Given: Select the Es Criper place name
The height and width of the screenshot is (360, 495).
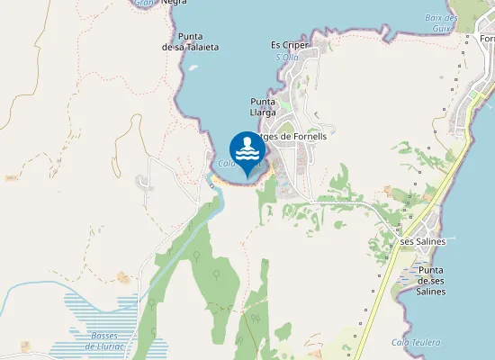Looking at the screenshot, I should [290, 45].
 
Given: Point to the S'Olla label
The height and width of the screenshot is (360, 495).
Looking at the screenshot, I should [286, 58].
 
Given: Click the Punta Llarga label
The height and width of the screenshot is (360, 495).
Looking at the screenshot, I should [263, 106].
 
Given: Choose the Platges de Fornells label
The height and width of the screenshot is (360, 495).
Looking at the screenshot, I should [293, 136].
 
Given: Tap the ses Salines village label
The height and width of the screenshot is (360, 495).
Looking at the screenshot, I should [423, 241].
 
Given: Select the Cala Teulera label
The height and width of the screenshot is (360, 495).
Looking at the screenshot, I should [416, 342].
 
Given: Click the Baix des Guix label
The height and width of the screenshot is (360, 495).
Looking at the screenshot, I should [441, 23].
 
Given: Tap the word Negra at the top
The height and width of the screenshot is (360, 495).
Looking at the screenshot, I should [175, 3].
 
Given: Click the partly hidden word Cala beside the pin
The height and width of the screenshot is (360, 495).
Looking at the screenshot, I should [226, 163].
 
